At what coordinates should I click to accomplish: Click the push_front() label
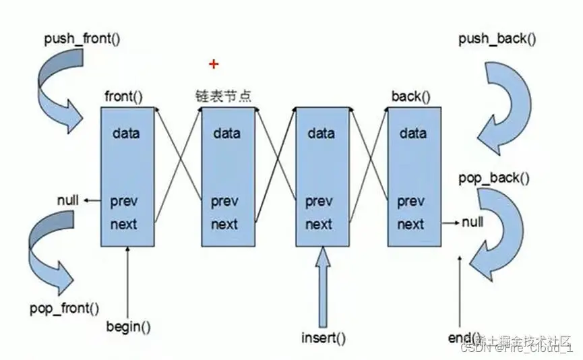82,38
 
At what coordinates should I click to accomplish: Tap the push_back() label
497,38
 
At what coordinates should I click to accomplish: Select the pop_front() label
65,309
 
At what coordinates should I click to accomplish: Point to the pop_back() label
494,178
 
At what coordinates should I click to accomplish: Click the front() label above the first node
124,96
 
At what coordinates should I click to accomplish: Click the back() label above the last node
410,96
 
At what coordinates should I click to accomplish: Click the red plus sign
214,64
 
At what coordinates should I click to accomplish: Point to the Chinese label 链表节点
223,96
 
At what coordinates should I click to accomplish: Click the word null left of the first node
68,200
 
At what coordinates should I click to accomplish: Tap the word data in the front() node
127,133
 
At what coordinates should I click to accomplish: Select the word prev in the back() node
410,201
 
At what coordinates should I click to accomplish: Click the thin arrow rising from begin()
128,283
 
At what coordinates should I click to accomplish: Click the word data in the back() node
412,133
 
